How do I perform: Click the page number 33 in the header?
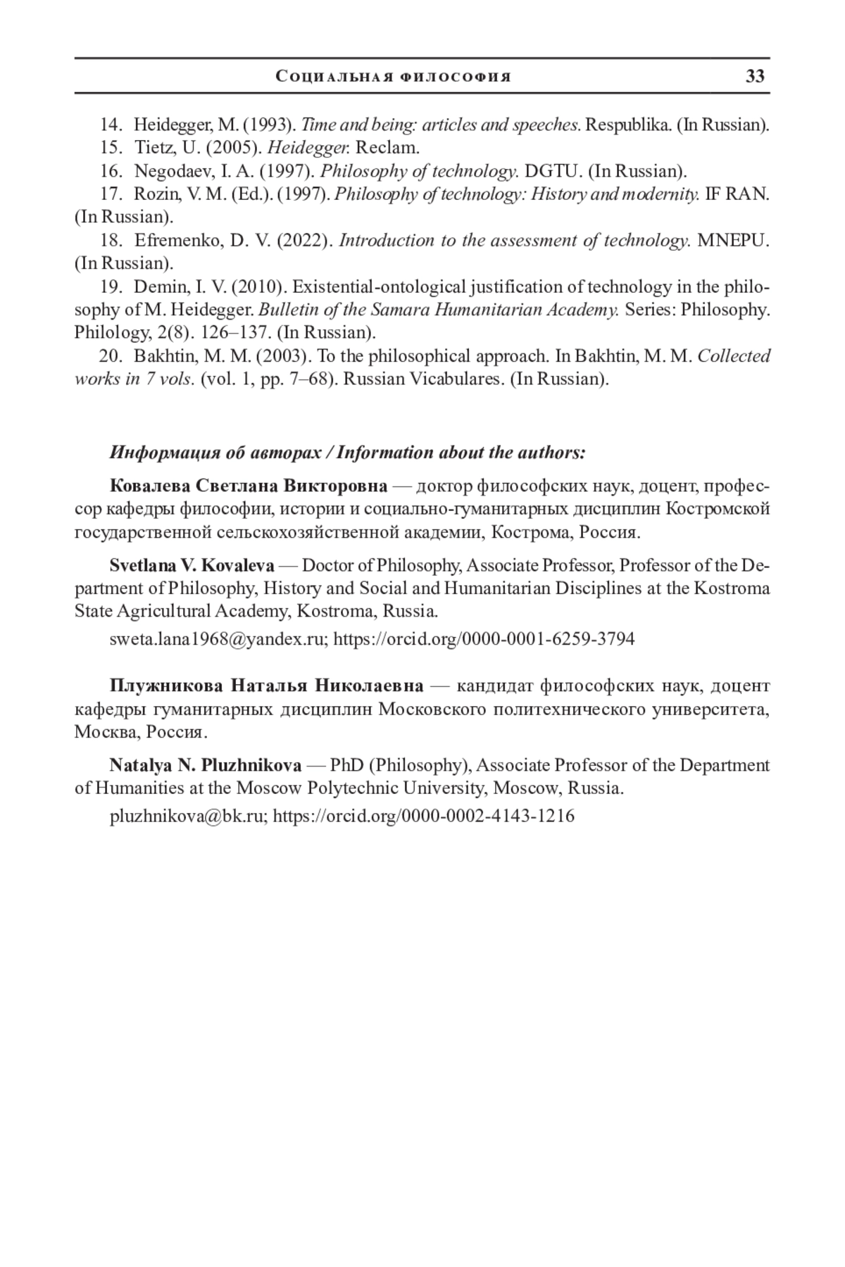click(755, 76)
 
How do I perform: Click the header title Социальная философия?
click(394, 77)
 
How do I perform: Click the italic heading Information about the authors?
click(461, 453)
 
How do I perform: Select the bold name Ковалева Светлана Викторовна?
click(248, 486)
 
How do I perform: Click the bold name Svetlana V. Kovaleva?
click(192, 565)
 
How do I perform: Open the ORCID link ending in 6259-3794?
click(484, 639)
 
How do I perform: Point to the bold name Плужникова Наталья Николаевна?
click(266, 686)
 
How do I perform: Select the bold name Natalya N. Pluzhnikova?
click(206, 765)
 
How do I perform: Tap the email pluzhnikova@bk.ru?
click(188, 817)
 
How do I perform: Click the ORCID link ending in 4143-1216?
click(423, 817)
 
